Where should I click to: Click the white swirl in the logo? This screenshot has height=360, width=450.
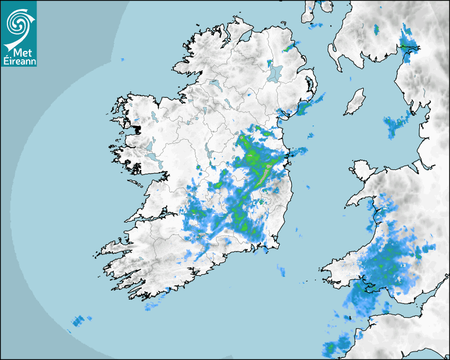point(17,22)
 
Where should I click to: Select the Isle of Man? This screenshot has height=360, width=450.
point(355,102)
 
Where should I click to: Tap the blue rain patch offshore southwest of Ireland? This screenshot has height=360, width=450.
point(78,320)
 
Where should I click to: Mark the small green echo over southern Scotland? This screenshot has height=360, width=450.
point(376,29)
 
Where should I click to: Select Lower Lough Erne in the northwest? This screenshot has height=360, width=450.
point(214,83)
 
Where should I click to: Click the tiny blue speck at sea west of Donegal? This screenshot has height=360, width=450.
point(123,59)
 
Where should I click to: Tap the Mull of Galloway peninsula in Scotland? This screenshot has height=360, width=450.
point(337,59)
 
